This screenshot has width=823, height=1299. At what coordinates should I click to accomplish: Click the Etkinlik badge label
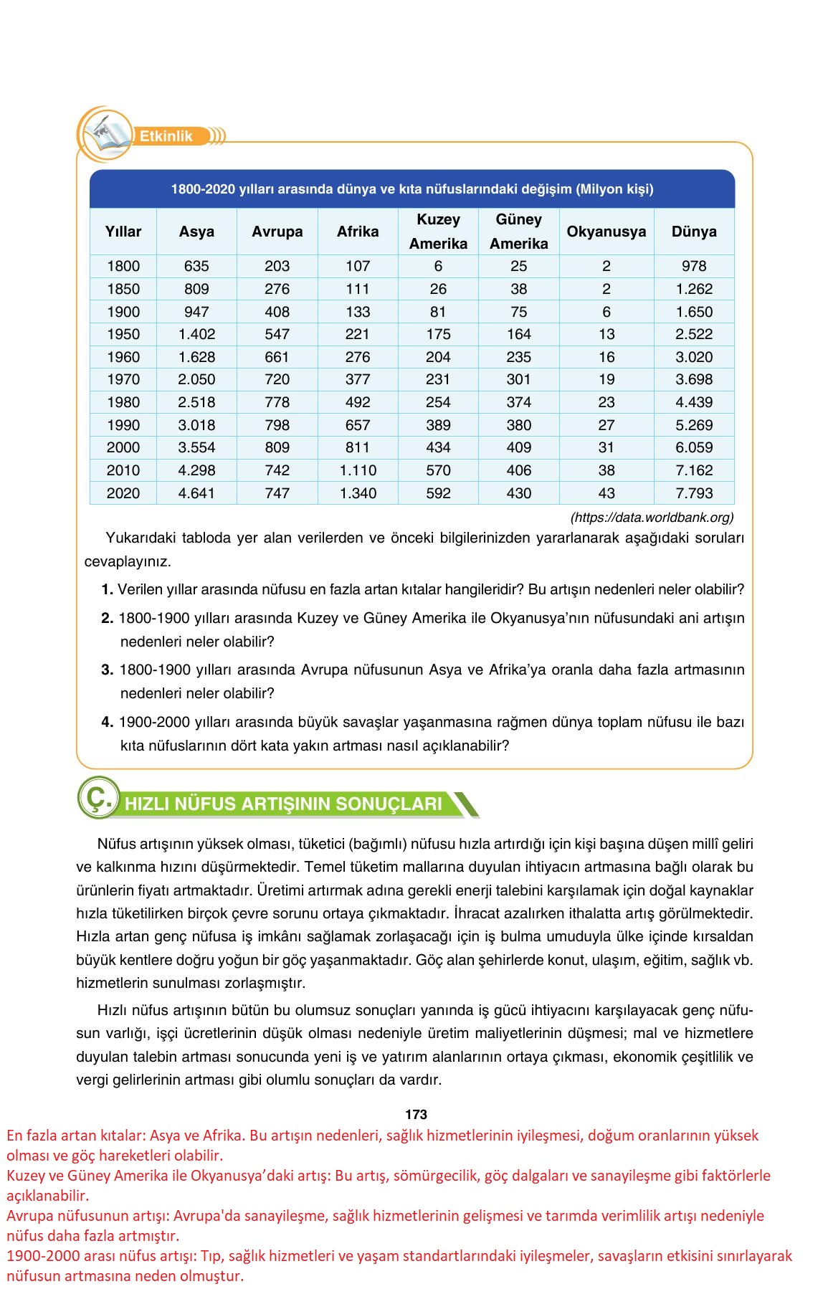click(166, 136)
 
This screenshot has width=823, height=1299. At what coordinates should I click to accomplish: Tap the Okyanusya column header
click(606, 232)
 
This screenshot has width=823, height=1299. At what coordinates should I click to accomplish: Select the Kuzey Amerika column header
click(438, 232)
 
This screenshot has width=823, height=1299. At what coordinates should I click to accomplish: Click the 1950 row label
click(123, 334)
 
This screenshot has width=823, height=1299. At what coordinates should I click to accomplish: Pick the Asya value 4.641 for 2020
click(196, 493)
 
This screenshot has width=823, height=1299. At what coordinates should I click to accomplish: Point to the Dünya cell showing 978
click(694, 266)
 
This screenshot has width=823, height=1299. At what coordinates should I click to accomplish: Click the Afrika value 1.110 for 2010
click(358, 470)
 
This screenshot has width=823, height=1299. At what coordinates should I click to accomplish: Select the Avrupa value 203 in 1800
click(277, 266)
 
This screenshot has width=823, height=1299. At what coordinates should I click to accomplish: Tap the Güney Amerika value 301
click(518, 379)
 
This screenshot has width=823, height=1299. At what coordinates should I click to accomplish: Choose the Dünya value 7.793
click(694, 493)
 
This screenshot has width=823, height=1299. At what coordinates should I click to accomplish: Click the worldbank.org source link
click(652, 517)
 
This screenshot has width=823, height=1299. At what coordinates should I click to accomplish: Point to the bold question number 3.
click(108, 670)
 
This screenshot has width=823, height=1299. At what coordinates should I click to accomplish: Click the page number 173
click(416, 1115)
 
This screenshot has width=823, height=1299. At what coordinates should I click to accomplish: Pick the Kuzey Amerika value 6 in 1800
click(438, 266)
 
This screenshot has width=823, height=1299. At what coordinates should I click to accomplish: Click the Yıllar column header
click(123, 232)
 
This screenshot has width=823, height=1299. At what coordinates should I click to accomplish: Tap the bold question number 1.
click(108, 590)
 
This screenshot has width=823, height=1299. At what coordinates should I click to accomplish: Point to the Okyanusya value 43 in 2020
click(606, 493)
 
